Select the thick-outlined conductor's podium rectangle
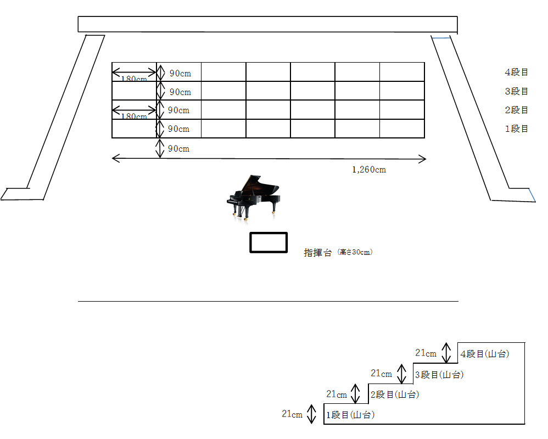coord(269,243)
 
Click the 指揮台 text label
coord(318,253)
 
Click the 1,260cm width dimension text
coord(369,170)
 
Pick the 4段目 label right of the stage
coord(516,72)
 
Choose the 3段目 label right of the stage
coord(516,91)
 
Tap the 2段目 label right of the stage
coord(516,110)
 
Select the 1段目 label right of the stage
coord(516,129)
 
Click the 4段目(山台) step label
coord(485,354)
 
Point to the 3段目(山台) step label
coord(439,375)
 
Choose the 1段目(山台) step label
coord(350,415)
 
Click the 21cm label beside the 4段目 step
coord(426,353)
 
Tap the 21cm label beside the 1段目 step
coord(292,414)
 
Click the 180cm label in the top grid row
coord(134,79)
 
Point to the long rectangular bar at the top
coord(267,25)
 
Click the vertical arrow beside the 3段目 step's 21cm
coord(402,374)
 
